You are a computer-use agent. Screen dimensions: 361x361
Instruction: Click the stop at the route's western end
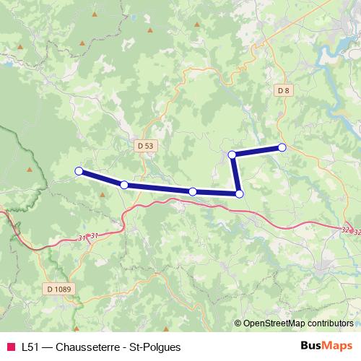click(x=79, y=171)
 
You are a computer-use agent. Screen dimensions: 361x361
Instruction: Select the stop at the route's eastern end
click(x=282, y=147)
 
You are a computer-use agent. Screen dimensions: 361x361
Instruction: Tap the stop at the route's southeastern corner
click(x=239, y=193)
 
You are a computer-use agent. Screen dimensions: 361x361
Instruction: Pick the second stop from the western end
click(x=124, y=186)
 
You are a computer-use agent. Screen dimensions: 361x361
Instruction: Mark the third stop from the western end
click(x=193, y=191)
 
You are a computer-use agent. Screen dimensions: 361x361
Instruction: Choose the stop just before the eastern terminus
click(x=232, y=155)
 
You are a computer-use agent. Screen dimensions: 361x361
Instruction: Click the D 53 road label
click(x=145, y=145)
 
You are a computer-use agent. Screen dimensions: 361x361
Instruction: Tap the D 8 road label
click(x=283, y=90)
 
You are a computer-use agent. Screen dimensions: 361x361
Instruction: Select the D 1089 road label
click(x=59, y=289)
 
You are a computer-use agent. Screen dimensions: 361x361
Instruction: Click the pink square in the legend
click(x=9, y=347)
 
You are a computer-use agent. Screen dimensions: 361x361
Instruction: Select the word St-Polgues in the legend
click(x=152, y=347)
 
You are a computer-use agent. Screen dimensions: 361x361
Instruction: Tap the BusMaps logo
click(x=326, y=346)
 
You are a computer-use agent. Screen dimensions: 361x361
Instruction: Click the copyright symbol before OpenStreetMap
click(x=239, y=323)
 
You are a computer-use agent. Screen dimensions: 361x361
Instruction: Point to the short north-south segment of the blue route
click(x=235, y=174)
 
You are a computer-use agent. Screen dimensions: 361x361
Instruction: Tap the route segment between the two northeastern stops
click(x=257, y=151)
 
